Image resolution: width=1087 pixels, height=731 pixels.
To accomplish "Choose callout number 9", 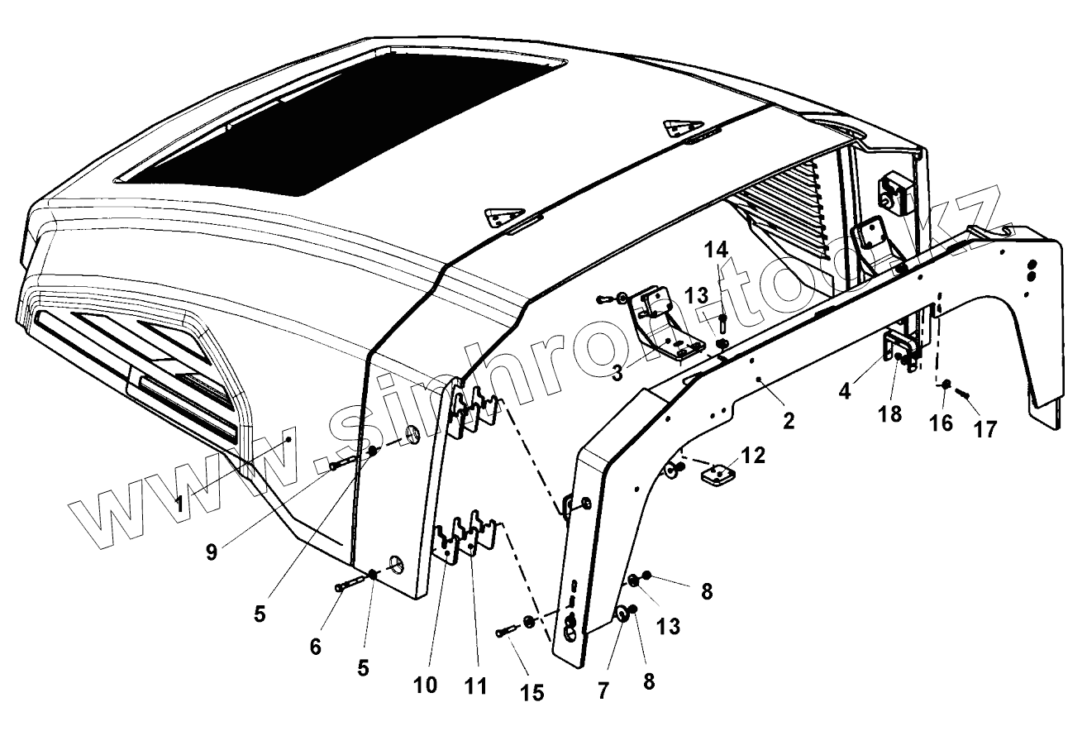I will click(212, 552).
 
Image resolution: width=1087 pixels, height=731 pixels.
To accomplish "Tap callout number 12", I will click(753, 454).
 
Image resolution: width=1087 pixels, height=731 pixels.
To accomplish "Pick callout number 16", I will click(941, 423).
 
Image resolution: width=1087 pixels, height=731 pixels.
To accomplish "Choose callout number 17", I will click(984, 428).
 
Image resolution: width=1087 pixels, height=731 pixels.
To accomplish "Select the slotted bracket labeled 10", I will click(448, 542).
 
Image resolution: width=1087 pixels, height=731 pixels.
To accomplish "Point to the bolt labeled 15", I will click(506, 633).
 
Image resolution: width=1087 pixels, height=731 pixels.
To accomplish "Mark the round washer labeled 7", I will click(617, 613).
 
